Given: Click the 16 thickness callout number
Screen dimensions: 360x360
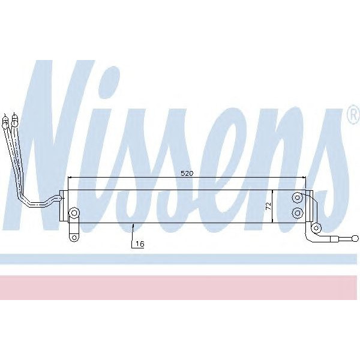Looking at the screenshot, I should click(140, 244).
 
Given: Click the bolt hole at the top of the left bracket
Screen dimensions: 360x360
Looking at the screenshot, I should click(74, 213).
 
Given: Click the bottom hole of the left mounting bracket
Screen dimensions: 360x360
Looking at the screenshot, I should click(74, 237).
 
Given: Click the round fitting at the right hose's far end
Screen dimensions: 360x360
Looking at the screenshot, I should click(349, 238).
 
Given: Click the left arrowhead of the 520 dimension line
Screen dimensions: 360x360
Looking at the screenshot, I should click(70, 178).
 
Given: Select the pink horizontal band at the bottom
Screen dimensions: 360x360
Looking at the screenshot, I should click(180, 287).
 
